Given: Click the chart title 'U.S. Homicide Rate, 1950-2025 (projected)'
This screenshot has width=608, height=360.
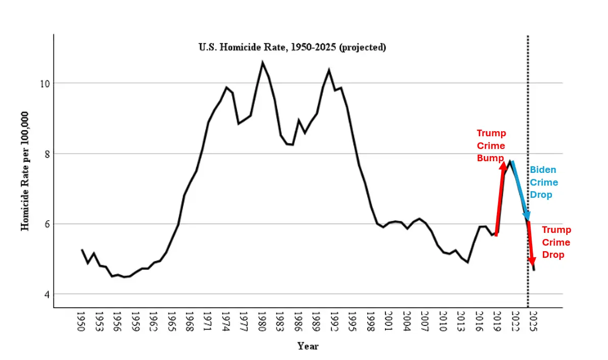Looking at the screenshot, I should coord(292,47).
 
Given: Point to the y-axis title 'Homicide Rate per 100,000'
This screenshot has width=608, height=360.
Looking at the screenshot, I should coord(25,170).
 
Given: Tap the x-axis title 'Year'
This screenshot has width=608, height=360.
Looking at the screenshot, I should coord(308,346).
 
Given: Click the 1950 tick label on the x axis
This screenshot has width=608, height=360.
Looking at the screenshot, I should coord(80,321).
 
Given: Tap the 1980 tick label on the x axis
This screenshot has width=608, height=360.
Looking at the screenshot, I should coord(262,321).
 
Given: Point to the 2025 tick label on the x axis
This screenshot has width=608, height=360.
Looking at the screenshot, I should coord(532,321).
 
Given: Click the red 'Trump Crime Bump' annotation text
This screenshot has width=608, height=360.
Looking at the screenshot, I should coord(491,145).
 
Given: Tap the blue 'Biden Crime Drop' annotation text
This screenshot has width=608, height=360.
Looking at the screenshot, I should coord(544,182).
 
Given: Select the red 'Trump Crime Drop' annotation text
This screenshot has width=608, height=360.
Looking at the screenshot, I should coord(556,242).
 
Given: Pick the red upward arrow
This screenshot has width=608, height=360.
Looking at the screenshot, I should coord(500,198).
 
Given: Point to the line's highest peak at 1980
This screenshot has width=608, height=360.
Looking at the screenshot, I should coord(262,63).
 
